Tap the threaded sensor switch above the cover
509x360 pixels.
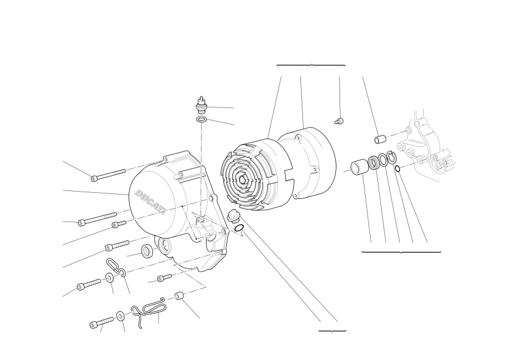point(202,105)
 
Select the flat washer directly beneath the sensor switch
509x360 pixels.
point(201,119)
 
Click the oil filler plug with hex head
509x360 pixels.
point(232,217)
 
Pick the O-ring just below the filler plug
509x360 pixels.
point(239,228)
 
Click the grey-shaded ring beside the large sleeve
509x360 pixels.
point(374,162)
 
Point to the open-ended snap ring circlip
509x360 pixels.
point(391,157)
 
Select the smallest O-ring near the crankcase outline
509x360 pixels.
point(397,168)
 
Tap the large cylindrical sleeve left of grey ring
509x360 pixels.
point(360,165)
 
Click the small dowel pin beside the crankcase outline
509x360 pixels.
point(380,139)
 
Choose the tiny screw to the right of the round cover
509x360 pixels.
point(339,121)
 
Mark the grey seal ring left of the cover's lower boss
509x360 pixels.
point(148,251)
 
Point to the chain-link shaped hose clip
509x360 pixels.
point(116,268)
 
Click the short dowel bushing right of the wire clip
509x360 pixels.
point(179,297)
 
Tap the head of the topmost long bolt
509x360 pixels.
point(94,178)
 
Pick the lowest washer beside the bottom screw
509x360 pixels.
point(120,315)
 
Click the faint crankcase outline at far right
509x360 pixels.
point(427,146)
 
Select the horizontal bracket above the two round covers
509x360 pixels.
point(311,66)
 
